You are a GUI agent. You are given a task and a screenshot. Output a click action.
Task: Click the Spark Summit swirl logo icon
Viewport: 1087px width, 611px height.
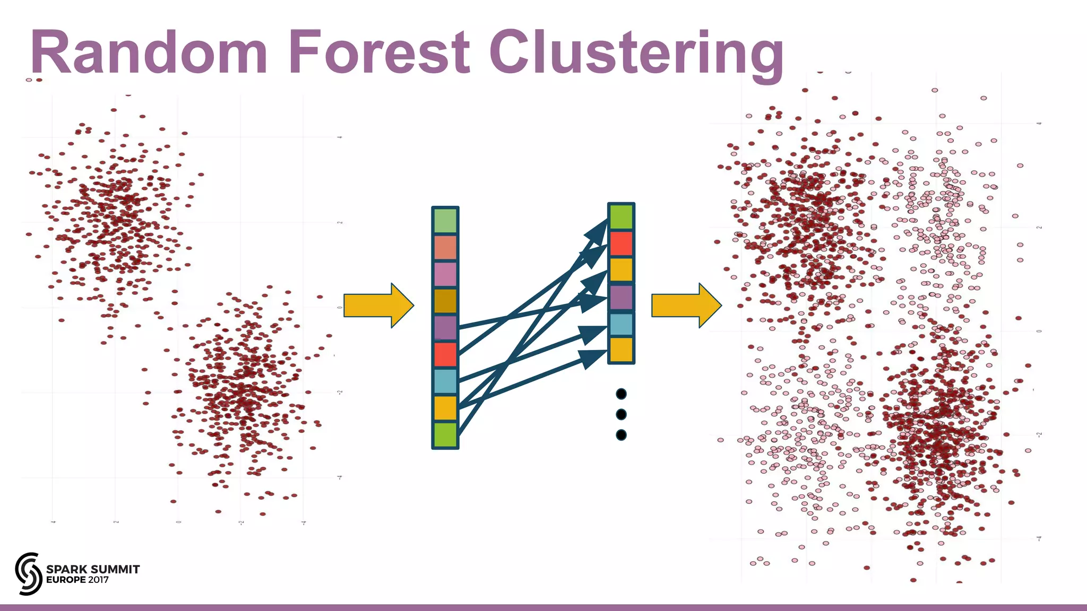point(29,573)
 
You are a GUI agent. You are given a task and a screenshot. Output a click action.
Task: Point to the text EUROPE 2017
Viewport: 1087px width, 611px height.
point(77,580)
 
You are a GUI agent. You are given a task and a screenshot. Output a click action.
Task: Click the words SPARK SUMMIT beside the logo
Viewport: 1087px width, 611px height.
point(93,569)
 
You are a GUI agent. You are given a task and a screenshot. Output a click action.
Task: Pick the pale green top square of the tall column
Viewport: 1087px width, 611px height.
point(445,221)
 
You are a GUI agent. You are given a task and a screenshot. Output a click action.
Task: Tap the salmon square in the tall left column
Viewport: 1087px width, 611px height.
point(445,248)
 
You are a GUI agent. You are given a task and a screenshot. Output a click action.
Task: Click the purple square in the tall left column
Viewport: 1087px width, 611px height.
point(445,328)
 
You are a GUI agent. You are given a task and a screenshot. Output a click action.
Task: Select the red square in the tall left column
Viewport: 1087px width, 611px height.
point(445,354)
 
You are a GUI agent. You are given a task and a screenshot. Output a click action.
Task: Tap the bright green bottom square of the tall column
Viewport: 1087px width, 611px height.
point(445,435)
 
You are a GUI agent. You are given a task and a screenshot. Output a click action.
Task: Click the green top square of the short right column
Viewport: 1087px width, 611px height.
point(621,217)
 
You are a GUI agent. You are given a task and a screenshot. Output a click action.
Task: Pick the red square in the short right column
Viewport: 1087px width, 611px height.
point(621,243)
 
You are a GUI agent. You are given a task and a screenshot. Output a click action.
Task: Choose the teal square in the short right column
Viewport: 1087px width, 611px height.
point(621,324)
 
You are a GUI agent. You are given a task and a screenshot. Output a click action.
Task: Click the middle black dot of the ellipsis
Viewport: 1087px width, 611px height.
point(621,414)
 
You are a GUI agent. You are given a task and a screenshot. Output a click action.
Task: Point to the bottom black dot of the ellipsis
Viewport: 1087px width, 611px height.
point(621,435)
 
